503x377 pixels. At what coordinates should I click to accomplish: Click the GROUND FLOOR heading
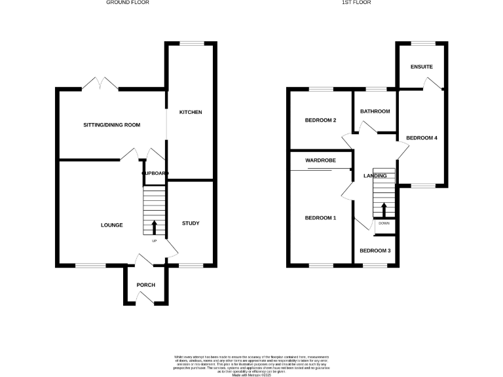(127, 3)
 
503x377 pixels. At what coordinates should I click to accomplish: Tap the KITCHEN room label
(191, 113)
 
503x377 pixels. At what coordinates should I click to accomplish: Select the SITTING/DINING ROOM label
(111, 125)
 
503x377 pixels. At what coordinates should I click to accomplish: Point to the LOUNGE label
(112, 225)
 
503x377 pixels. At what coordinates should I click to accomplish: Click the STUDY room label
(191, 224)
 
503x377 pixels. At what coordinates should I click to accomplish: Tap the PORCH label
(145, 285)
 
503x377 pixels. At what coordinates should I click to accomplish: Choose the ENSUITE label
(421, 67)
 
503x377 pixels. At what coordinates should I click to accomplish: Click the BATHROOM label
(375, 111)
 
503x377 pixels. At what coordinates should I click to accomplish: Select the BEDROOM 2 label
(320, 120)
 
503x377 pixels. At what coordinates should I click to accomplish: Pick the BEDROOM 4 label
(422, 138)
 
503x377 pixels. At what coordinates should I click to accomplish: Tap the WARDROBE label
(320, 160)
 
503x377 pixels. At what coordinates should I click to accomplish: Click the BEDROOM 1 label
(320, 218)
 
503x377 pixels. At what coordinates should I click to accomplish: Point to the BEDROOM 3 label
(375, 251)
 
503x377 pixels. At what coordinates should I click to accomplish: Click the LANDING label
(375, 175)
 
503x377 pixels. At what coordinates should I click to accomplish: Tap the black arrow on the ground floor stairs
(155, 227)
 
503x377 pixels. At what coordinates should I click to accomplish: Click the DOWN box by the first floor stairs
(384, 223)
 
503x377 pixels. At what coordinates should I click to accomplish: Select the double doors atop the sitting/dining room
(100, 84)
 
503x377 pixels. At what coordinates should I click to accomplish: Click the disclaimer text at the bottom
(251, 363)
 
